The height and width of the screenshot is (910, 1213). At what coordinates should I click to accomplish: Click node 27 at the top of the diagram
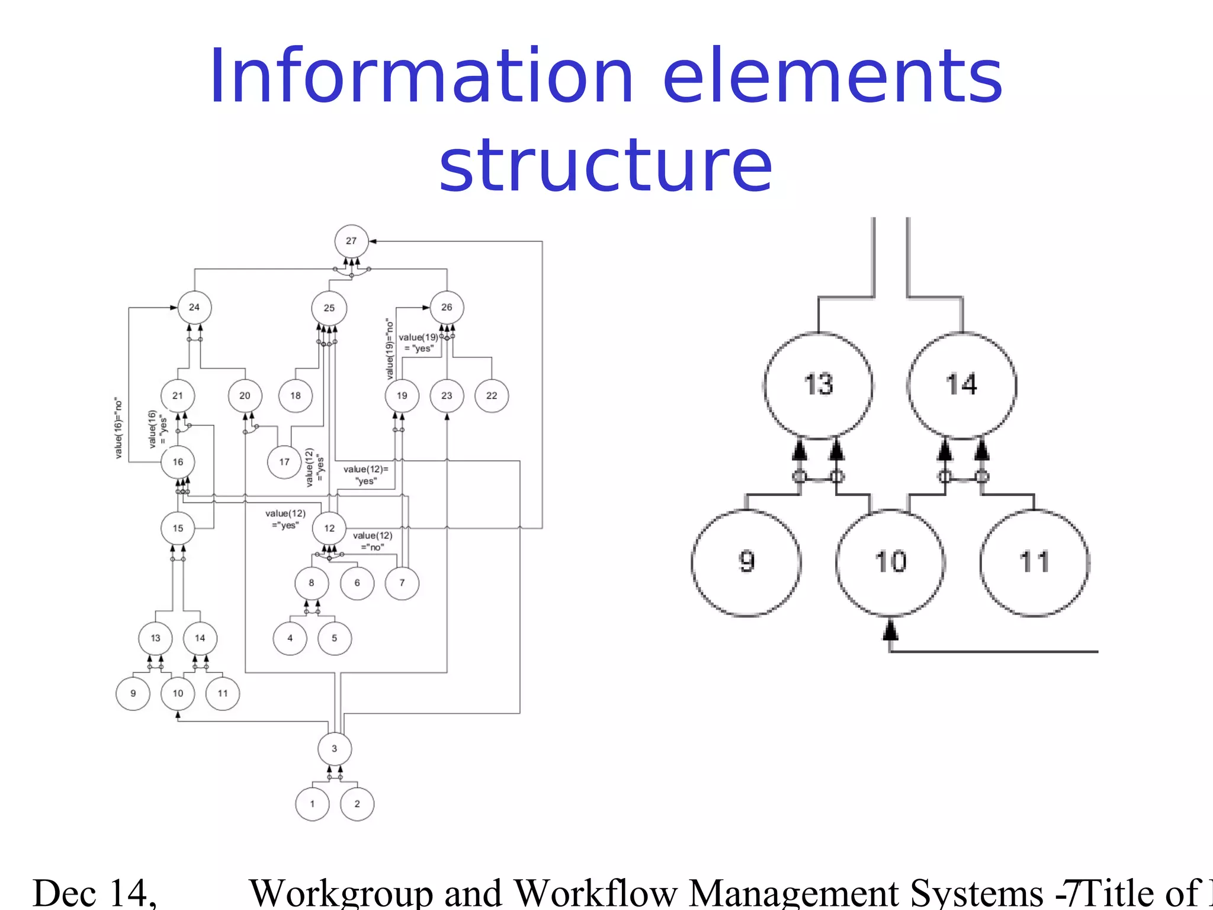[351, 241]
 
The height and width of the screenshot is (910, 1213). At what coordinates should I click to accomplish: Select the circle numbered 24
[194, 307]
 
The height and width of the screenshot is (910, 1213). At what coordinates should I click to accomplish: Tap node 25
[329, 308]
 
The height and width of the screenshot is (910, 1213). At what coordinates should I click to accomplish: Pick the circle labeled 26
[447, 307]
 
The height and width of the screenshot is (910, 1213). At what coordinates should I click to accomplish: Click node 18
[296, 396]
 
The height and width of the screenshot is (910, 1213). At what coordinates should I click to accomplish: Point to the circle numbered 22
[492, 396]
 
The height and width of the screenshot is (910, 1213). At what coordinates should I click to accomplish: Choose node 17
[284, 462]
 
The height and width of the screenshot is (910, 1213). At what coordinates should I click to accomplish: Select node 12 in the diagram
[329, 528]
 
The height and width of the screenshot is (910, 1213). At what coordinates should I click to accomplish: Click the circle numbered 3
[335, 749]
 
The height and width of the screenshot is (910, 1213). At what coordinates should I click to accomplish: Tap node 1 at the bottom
[312, 804]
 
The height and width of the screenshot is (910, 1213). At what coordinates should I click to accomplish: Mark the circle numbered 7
[402, 583]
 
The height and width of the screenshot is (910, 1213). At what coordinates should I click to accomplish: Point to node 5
[335, 638]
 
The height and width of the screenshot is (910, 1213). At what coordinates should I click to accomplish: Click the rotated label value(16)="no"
[119, 428]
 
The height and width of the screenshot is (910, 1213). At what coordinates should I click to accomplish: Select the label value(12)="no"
[373, 541]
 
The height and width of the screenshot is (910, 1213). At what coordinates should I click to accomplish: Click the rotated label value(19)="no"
[389, 350]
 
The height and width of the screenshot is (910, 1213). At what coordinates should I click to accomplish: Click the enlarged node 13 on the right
[818, 385]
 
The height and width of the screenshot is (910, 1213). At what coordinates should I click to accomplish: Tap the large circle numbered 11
[1034, 562]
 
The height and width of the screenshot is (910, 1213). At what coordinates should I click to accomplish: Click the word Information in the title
[421, 77]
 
